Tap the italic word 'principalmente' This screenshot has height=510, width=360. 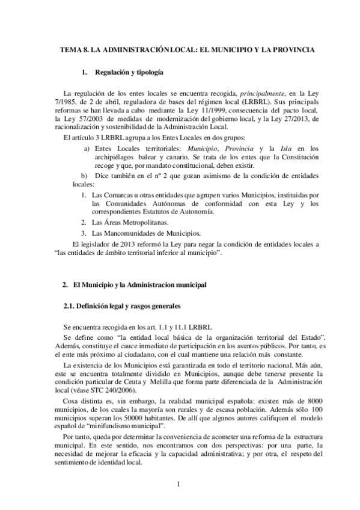point(265,94)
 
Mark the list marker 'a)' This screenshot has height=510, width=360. point(87,148)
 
